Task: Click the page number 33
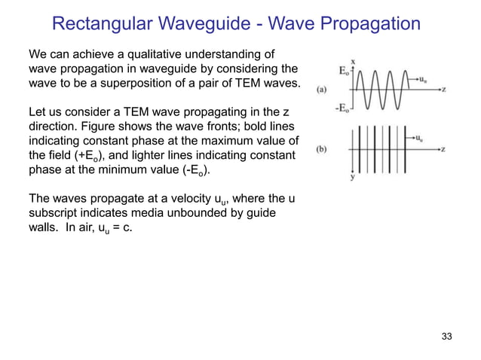click(447, 336)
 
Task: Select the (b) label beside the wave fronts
click(322, 149)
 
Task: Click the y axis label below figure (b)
click(354, 179)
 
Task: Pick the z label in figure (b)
click(443, 148)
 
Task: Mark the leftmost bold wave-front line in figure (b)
click(367, 149)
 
